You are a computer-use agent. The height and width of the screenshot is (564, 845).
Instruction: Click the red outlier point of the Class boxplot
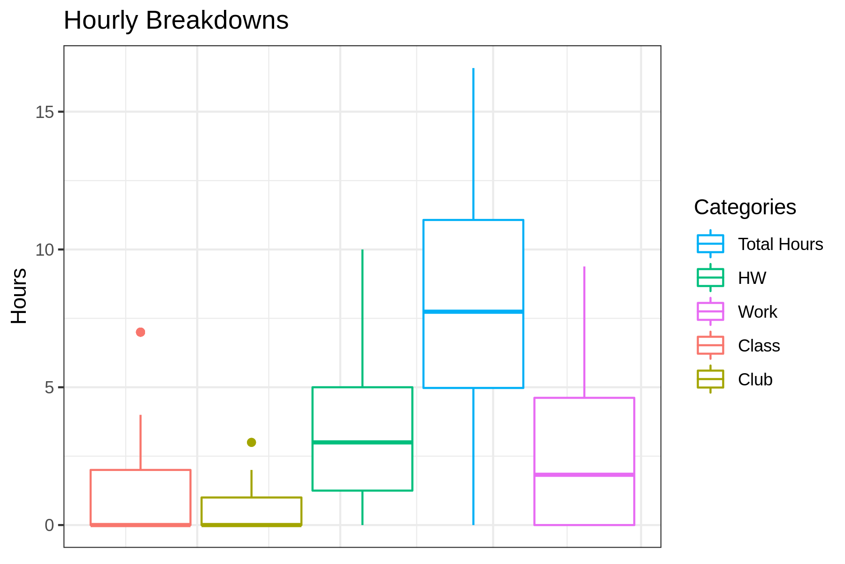[x=140, y=332]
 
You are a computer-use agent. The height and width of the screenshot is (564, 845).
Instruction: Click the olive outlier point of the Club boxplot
[x=252, y=442]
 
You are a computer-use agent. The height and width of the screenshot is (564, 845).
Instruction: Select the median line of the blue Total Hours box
[x=473, y=312]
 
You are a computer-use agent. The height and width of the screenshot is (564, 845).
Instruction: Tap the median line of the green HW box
[x=362, y=442]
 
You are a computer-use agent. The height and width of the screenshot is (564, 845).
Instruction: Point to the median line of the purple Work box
[x=584, y=475]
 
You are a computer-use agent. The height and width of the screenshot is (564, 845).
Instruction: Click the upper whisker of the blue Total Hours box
[x=473, y=141]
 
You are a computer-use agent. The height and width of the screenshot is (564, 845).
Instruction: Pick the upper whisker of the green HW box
[x=362, y=320]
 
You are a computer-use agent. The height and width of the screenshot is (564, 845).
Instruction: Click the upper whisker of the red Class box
[x=140, y=442]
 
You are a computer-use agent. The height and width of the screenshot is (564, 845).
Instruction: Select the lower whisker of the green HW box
[x=362, y=508]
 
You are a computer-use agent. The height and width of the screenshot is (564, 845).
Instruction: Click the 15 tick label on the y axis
[x=45, y=112]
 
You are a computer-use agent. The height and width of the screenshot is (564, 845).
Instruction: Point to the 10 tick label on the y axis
[x=45, y=250]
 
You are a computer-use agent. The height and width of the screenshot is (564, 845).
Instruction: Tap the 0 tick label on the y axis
[x=49, y=525]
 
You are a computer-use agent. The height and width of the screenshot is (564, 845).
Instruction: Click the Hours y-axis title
[x=19, y=296]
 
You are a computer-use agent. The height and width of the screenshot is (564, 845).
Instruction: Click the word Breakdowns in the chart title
[x=217, y=21]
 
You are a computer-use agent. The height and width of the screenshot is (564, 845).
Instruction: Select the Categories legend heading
[x=745, y=207]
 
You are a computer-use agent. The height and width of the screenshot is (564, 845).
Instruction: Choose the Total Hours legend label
[x=780, y=244]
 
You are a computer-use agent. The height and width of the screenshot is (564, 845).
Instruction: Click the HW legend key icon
[x=710, y=278]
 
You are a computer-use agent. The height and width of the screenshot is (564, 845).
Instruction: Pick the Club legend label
[x=755, y=380]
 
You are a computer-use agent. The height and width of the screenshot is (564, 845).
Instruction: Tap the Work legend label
[x=757, y=312]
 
